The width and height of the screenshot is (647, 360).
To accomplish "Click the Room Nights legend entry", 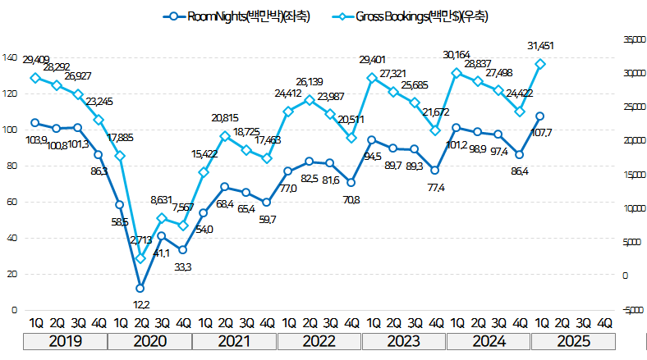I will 238,16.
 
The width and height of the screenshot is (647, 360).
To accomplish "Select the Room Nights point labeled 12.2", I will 140,288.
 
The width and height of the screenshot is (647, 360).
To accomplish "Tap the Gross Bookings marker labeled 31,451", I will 540,64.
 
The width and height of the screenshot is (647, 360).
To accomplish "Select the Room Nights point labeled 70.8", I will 351,182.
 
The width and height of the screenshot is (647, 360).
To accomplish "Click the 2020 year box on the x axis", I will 151,340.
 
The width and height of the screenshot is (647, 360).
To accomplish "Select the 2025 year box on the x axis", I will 572,340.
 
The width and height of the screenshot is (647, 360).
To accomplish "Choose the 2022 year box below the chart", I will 319,340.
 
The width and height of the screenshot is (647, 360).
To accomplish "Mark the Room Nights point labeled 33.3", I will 183,249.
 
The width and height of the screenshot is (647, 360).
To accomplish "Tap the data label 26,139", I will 309,82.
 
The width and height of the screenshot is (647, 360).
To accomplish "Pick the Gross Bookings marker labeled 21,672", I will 436,130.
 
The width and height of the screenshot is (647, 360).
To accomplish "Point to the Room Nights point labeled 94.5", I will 372,140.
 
